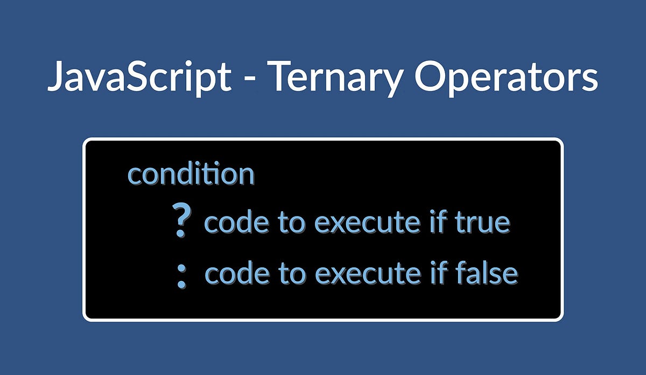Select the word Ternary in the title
click(x=334, y=77)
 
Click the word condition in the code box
click(x=191, y=174)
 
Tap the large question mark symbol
click(x=182, y=220)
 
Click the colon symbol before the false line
click(x=182, y=276)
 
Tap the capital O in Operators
click(x=431, y=77)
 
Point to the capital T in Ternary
click(x=280, y=77)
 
